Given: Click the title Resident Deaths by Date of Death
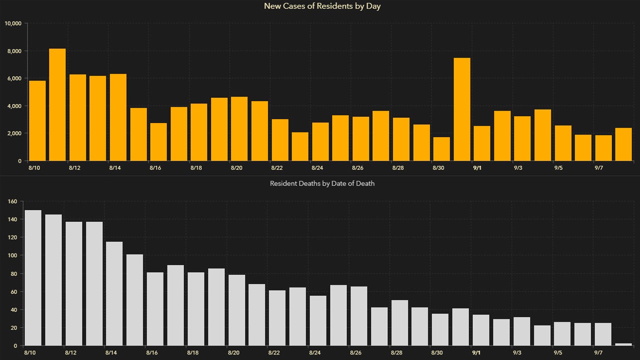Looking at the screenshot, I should (322, 183).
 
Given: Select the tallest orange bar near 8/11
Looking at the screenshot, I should (57, 104).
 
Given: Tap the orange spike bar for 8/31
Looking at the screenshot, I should (462, 109).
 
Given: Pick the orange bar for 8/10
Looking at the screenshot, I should (37, 120).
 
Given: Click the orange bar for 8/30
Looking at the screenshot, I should (441, 148).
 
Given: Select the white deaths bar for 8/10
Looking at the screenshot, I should (33, 277).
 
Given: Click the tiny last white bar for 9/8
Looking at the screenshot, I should (623, 344).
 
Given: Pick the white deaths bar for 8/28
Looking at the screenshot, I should (399, 322).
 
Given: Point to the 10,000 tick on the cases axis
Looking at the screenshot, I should (13, 23).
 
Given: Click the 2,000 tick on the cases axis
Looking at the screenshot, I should (15, 133).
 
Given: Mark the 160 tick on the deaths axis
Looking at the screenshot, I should (13, 201).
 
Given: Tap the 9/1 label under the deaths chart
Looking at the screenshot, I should (476, 353).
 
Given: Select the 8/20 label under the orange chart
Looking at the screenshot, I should (236, 168).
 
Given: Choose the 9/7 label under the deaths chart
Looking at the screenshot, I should (598, 353).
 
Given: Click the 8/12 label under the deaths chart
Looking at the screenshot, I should (70, 353).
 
